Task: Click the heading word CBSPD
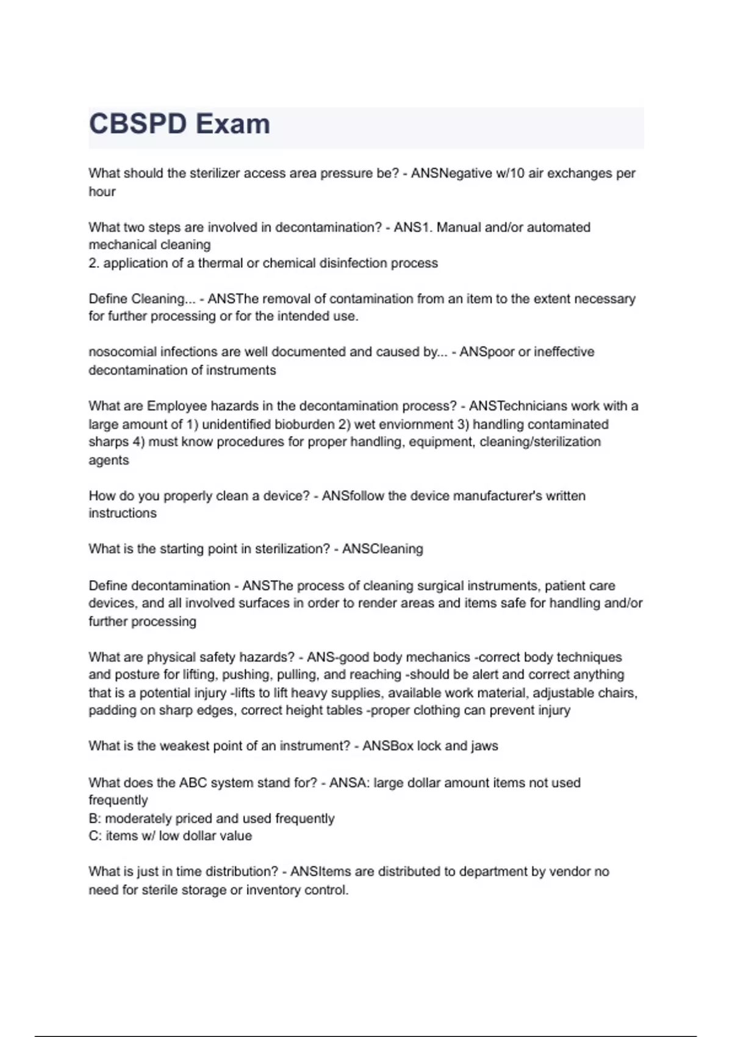[x=138, y=124]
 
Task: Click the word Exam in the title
[x=233, y=124]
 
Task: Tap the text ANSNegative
[x=451, y=173]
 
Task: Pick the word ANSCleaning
[x=382, y=549]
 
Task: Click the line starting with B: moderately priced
[x=211, y=819]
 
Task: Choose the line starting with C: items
[x=170, y=836]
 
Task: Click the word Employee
[x=175, y=406]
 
